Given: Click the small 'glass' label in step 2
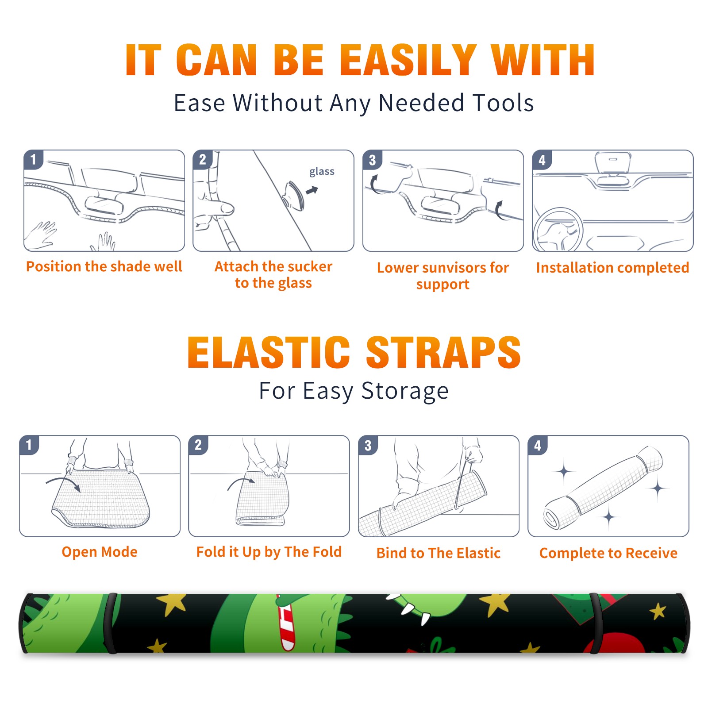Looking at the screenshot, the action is (x=322, y=172).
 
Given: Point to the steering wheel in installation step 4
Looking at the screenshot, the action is (x=558, y=230).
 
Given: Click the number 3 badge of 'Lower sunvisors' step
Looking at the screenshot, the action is (x=372, y=160).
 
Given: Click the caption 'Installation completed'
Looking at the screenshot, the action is (x=612, y=267).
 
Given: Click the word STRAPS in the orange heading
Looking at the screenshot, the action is (x=443, y=352).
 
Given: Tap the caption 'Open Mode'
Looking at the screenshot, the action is (x=100, y=552).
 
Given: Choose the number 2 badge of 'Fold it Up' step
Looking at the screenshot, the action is (x=198, y=445).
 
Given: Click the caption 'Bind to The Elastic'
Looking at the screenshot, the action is (x=438, y=553).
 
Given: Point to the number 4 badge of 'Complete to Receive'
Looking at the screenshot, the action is (x=538, y=445).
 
